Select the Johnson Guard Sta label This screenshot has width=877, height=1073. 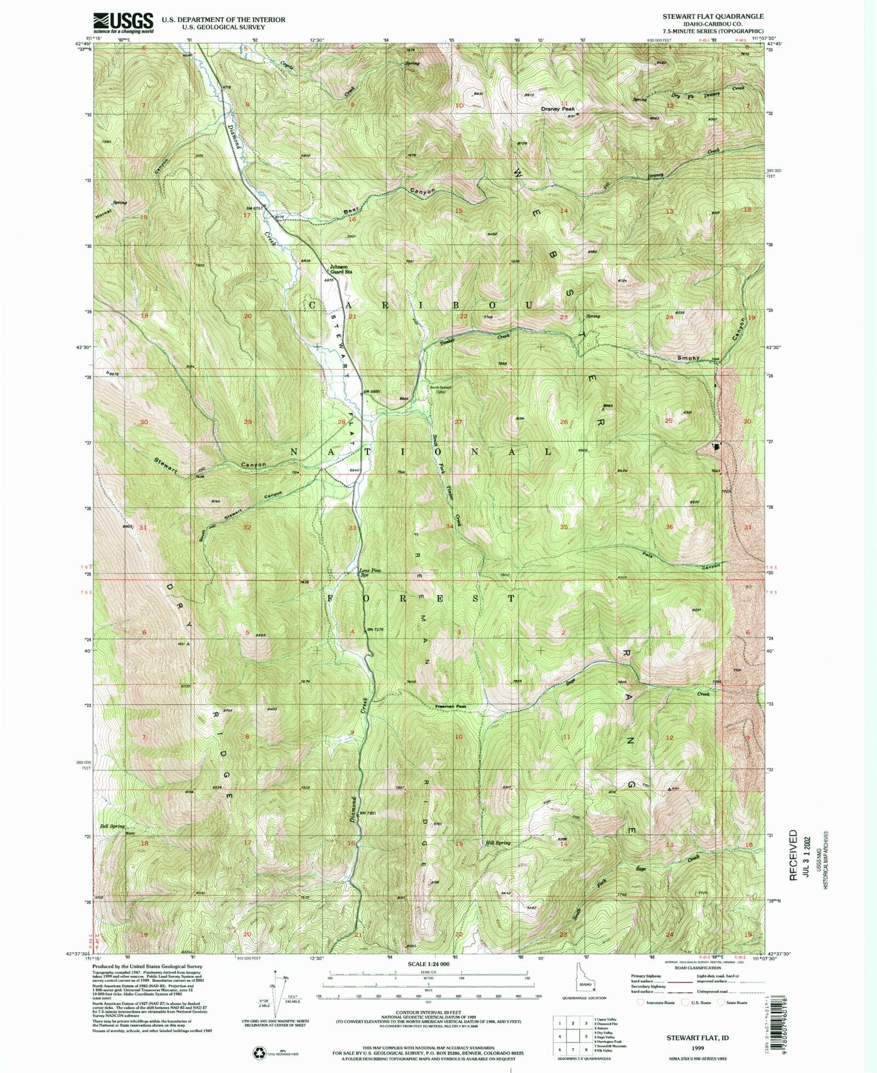tap(340, 269)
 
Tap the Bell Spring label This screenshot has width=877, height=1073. tap(113, 826)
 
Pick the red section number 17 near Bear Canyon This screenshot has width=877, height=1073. tap(246, 216)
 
